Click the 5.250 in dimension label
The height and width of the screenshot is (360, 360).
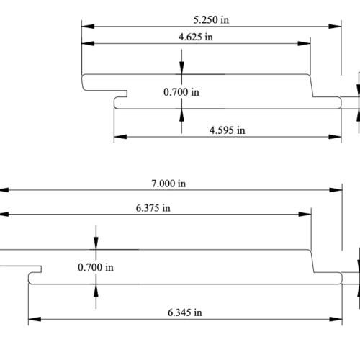pyautogui.click(x=211, y=20)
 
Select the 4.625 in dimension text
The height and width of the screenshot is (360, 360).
pyautogui.click(x=196, y=37)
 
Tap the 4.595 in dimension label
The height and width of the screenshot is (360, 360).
pyautogui.click(x=228, y=130)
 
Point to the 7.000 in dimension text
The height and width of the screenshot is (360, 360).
pyautogui.click(x=168, y=184)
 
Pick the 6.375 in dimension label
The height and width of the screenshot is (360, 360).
pyautogui.click(x=153, y=208)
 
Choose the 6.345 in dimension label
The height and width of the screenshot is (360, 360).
pyautogui.click(x=185, y=312)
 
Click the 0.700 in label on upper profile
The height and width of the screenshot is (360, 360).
pyautogui.click(x=181, y=92)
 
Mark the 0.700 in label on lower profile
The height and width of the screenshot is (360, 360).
pyautogui.click(x=96, y=267)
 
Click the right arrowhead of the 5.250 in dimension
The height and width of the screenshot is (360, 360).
pyautogui.click(x=335, y=27)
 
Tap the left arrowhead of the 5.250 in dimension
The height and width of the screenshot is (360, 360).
pyautogui.click(x=88, y=27)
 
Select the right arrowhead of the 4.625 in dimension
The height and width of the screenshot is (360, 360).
pyautogui.click(x=304, y=44)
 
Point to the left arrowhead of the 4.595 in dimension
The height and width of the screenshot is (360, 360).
pyautogui.click(x=120, y=137)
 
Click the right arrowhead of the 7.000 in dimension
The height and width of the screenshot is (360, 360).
pyautogui.click(x=336, y=190)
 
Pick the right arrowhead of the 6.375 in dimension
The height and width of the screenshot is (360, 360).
pyautogui.click(x=305, y=214)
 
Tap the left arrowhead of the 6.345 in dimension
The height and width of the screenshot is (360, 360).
pyautogui.click(x=35, y=319)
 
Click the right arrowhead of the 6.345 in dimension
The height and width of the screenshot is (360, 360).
pyautogui.click(x=336, y=319)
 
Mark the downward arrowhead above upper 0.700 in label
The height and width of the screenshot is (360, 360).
pyautogui.click(x=181, y=68)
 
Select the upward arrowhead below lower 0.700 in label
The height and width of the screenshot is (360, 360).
pyautogui.click(x=96, y=290)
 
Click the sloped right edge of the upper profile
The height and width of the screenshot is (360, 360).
pyautogui.click(x=312, y=86)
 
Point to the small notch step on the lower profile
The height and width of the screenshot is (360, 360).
pyautogui.click(x=41, y=269)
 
